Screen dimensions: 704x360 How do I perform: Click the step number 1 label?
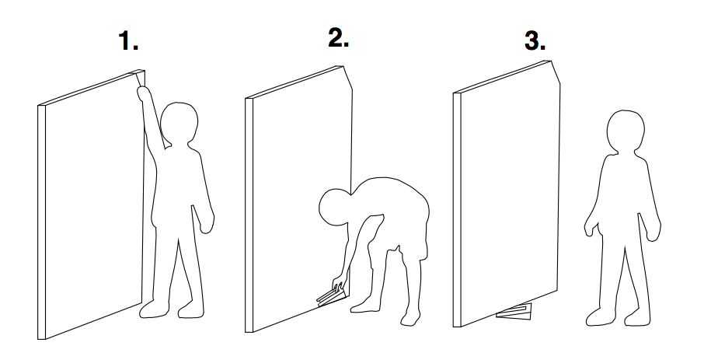pyautogui.click(x=128, y=41)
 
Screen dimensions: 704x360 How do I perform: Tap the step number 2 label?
pyautogui.click(x=339, y=38)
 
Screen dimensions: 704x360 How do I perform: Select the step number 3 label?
pyautogui.click(x=535, y=41)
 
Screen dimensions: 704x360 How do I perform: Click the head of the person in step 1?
pyautogui.click(x=179, y=124)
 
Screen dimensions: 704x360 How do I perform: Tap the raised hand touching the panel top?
pyautogui.click(x=144, y=93)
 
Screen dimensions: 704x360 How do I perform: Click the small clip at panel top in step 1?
pyautogui.click(x=139, y=76)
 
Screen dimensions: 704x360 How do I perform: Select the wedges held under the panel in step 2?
pyautogui.click(x=331, y=297)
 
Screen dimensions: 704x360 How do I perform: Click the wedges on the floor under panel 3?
pyautogui.click(x=514, y=312)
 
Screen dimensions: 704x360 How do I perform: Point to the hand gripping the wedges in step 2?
pyautogui.click(x=339, y=284)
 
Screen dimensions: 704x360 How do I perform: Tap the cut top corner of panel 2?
pyautogui.click(x=347, y=78)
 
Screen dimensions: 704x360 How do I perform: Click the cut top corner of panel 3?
pyautogui.click(x=556, y=72)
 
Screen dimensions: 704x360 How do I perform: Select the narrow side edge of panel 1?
pyautogui.click(x=41, y=222)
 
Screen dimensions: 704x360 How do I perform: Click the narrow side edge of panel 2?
pyautogui.click(x=249, y=215)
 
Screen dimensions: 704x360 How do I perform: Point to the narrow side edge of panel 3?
pyautogui.click(x=457, y=210)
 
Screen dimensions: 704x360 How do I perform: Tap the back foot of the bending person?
pyautogui.click(x=411, y=318)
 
